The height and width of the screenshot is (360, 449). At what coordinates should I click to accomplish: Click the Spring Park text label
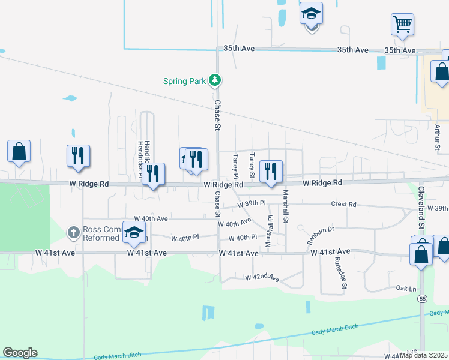184,80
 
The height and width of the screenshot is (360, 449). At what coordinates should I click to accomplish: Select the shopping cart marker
403,25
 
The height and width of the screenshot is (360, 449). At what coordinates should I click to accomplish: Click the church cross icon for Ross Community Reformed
73,232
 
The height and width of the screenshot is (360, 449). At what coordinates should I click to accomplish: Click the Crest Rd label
343,205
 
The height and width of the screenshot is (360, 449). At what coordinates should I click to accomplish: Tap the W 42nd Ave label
262,278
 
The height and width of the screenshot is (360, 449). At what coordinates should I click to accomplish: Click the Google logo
20,353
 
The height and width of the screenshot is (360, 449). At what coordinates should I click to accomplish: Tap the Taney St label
253,165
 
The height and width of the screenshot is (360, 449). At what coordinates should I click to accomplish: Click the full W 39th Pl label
251,204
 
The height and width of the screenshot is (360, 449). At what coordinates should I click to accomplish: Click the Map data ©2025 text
424,355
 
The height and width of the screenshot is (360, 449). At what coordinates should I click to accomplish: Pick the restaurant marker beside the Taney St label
271,171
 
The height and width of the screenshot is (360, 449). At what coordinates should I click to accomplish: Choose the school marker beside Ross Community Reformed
134,232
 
